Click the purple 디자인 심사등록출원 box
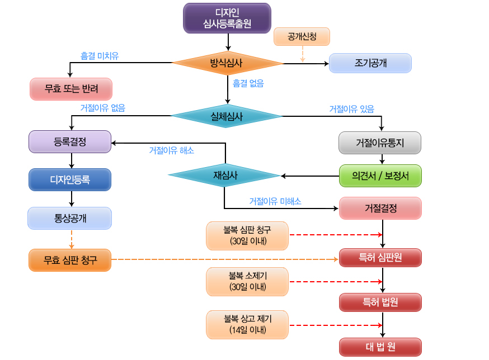(227, 18)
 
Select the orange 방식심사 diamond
(227, 63)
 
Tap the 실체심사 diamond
(227, 116)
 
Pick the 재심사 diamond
(224, 175)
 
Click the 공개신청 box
(302, 37)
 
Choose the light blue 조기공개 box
(370, 63)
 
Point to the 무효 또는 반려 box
(71, 89)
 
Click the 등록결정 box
(70, 142)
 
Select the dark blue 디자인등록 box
(70, 179)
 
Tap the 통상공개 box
(69, 218)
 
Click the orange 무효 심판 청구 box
(70, 260)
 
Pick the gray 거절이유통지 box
(380, 143)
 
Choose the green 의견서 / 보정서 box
(380, 176)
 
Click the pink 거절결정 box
(380, 208)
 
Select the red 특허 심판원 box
(380, 258)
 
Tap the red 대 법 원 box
(380, 347)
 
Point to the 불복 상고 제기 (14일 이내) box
(247, 324)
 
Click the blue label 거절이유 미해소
(275, 201)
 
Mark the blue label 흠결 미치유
(100, 56)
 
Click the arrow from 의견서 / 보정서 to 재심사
(310, 176)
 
